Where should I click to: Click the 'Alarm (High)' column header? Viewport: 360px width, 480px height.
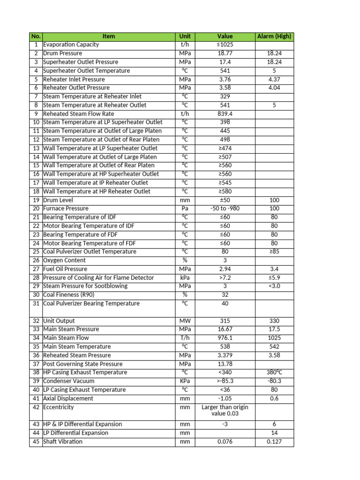coord(274,36)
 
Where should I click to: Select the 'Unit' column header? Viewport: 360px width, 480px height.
coord(185,36)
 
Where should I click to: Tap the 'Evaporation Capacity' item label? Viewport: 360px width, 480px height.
coord(71,45)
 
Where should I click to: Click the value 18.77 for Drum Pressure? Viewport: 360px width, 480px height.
coord(225,53)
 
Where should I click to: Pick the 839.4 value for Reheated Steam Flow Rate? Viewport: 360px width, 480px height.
coord(225,114)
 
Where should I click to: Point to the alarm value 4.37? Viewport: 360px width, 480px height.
coord(274,79)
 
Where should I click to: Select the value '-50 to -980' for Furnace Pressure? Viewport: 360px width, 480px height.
coord(225,209)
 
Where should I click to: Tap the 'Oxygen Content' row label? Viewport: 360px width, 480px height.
coord(64,260)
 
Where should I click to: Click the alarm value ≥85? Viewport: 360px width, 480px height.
coord(274,252)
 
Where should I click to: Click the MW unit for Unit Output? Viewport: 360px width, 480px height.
coord(185,321)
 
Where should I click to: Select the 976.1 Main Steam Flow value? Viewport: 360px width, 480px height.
coord(225,338)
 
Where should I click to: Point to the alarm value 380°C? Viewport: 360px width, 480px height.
coord(274,373)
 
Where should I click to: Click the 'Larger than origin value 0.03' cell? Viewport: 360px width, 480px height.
coord(225,411)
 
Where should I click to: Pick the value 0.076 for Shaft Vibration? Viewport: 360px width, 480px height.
coord(225,442)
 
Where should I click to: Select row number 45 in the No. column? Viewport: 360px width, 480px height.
coord(36,442)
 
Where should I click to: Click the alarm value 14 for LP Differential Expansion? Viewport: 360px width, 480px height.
coord(274,433)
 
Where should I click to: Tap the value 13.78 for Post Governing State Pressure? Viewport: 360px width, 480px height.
coord(225,364)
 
